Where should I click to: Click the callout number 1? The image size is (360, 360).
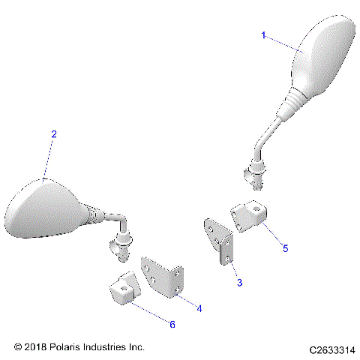pyautogui.click(x=263, y=35)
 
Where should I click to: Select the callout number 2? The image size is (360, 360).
pyautogui.click(x=53, y=134)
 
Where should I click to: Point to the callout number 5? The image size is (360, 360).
pyautogui.click(x=285, y=245)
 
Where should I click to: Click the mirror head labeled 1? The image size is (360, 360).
pyautogui.click(x=322, y=56)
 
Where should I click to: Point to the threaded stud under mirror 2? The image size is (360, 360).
pyautogui.click(x=123, y=248)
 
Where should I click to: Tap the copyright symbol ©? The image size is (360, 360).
pyautogui.click(x=19, y=348)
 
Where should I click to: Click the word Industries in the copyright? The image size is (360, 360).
pyautogui.click(x=114, y=348)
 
